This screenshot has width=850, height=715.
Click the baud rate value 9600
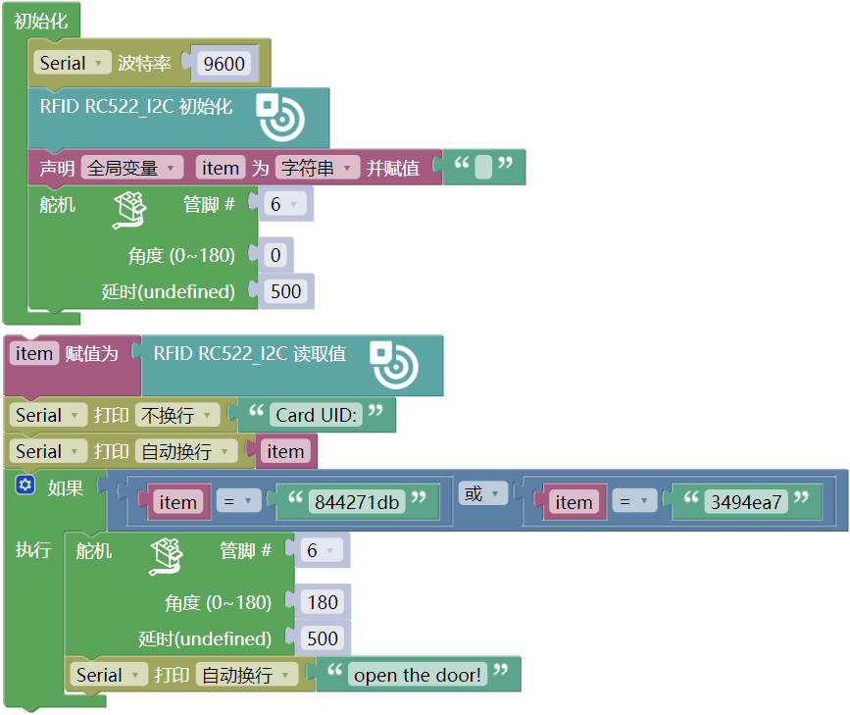pos(224,64)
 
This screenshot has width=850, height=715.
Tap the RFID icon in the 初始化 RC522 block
pos(280,117)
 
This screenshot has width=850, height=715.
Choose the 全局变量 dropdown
pos(132,168)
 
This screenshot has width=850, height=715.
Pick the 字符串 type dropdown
pos(317,168)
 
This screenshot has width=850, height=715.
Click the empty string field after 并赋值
pos(483,167)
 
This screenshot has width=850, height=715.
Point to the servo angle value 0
pos(275,255)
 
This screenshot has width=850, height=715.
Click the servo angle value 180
pos(323,602)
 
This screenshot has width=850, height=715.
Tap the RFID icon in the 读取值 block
pos(394,365)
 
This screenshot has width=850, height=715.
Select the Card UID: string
pos(316,415)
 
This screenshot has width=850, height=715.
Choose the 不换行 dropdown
pos(177,416)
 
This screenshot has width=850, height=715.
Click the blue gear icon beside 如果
pos(25,485)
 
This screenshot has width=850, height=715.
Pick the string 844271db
pos(357,502)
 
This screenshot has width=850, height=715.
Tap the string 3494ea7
pos(746,502)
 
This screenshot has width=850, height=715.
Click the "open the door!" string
pos(418,675)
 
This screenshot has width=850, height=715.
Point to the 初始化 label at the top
pos(40,22)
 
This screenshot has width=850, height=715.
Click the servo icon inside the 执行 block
pos(167,556)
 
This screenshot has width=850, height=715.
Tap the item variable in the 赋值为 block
pos(33,354)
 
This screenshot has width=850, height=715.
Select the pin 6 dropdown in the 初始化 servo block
pos(284,204)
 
